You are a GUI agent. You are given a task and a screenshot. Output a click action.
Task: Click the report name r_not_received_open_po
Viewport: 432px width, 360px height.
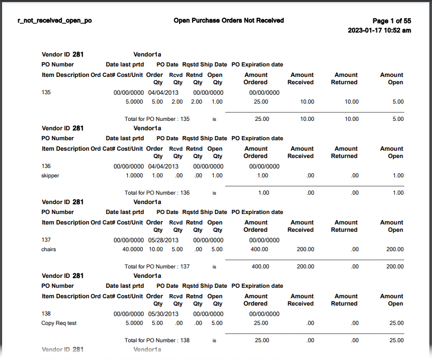55,21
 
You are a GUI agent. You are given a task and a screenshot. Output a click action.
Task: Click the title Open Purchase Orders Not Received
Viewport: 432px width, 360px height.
228,20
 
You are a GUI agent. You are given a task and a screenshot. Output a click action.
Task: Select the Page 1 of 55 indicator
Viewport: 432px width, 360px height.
393,21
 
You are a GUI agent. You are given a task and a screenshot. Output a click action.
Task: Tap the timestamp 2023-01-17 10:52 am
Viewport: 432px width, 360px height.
379,30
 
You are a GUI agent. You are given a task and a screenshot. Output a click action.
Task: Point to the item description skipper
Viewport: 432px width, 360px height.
50,176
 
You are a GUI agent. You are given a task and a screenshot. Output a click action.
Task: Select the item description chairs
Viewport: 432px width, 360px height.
49,250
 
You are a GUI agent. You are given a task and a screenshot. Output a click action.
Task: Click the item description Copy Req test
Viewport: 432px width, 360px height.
59,323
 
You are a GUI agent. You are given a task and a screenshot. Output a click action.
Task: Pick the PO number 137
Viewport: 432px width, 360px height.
46,240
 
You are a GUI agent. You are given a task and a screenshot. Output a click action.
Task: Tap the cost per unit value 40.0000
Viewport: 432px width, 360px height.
132,250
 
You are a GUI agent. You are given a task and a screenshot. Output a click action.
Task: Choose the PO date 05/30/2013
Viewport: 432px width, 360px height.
163,314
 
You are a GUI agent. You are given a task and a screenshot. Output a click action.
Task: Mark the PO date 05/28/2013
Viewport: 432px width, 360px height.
163,240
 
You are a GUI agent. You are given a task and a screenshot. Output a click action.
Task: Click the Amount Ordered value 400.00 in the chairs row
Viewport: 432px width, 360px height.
260,250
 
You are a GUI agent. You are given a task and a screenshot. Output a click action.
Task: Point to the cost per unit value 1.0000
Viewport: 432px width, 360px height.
135,176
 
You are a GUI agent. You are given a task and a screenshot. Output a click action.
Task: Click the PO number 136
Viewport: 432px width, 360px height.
46,166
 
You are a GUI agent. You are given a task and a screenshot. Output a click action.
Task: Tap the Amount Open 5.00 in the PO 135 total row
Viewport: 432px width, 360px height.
398,119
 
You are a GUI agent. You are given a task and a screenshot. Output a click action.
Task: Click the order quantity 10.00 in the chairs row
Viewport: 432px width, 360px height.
156,250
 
